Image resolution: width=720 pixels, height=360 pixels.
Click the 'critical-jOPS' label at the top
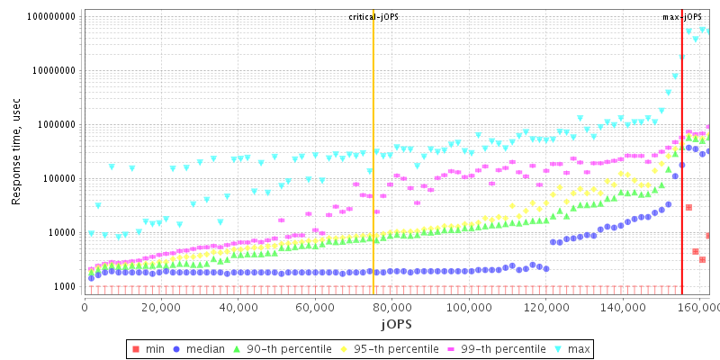[x=373, y=17]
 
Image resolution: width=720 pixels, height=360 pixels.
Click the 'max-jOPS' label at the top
[x=681, y=17]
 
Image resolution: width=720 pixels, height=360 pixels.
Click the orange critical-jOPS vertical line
[x=373, y=180]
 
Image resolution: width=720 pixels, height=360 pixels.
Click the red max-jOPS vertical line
[x=681, y=180]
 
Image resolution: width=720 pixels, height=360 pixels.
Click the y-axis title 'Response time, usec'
[x=16, y=151]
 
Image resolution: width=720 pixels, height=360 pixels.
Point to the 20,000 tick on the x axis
[x=161, y=306]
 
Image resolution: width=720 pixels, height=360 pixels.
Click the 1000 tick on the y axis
[x=64, y=286]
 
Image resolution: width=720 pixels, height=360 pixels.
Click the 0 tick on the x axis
[x=85, y=306]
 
